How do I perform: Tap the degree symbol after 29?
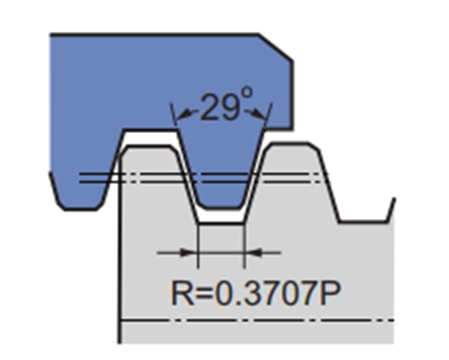tap(247, 93)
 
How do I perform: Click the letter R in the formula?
tap(182, 293)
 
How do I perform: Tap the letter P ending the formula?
tap(331, 293)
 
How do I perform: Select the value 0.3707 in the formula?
tap(267, 293)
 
